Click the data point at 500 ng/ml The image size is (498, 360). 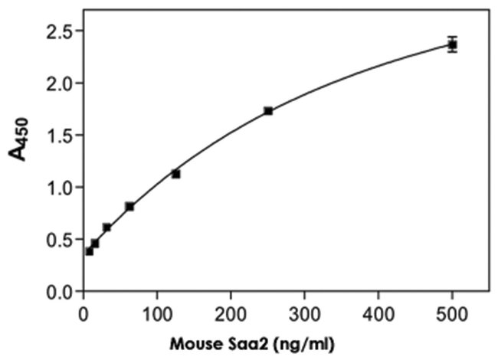(x=452, y=44)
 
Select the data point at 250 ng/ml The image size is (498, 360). (x=268, y=111)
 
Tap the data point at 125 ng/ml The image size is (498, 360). (x=175, y=174)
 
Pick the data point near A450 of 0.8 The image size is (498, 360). (x=129, y=206)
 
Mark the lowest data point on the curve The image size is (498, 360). (x=89, y=251)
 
